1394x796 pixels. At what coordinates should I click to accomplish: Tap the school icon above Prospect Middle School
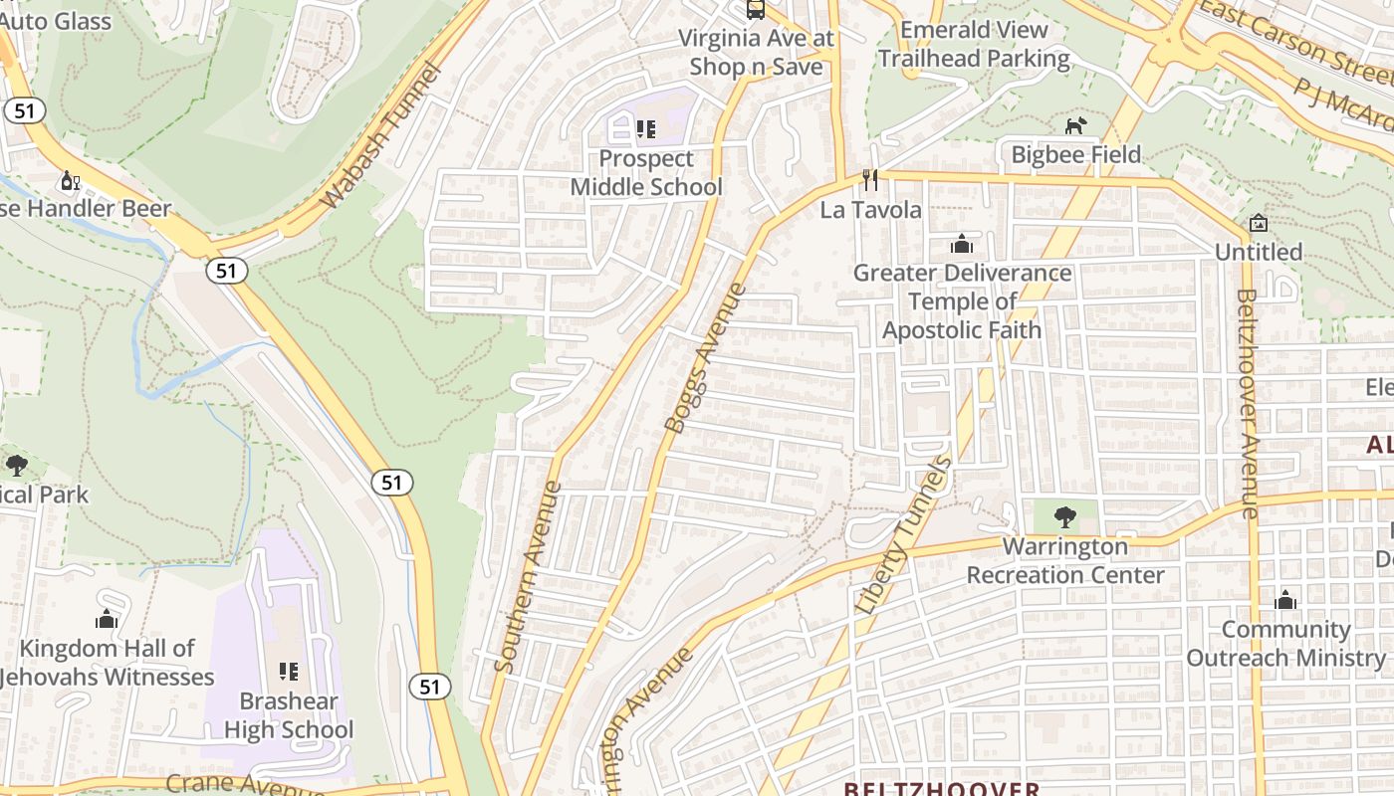(x=645, y=128)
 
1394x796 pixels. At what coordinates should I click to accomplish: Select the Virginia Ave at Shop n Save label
(x=756, y=52)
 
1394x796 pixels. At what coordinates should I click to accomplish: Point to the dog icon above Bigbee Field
(x=1075, y=125)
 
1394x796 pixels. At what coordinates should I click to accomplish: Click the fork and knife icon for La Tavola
(x=870, y=180)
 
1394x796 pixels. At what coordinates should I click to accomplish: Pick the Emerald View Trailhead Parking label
(x=973, y=44)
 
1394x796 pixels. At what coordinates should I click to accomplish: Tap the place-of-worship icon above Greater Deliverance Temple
(x=962, y=244)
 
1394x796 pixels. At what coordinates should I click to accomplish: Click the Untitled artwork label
(x=1258, y=252)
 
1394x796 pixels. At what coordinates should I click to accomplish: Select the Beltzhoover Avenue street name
(x=1246, y=402)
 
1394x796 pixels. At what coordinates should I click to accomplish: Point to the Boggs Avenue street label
(x=705, y=358)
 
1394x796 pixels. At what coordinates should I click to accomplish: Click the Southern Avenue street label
(x=528, y=577)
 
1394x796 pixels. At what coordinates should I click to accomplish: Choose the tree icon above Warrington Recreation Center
(x=1065, y=516)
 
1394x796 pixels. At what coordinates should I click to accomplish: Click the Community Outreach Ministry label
(x=1284, y=644)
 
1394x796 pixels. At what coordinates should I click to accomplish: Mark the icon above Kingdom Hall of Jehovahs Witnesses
(x=107, y=619)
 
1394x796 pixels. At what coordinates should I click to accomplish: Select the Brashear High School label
(x=288, y=715)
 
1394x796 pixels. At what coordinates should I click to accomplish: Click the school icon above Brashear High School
(x=289, y=672)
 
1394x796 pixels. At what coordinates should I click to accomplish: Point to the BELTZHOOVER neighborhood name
(x=941, y=789)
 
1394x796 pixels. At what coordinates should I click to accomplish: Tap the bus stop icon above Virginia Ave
(x=756, y=10)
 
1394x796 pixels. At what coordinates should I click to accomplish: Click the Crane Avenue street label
(x=244, y=784)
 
